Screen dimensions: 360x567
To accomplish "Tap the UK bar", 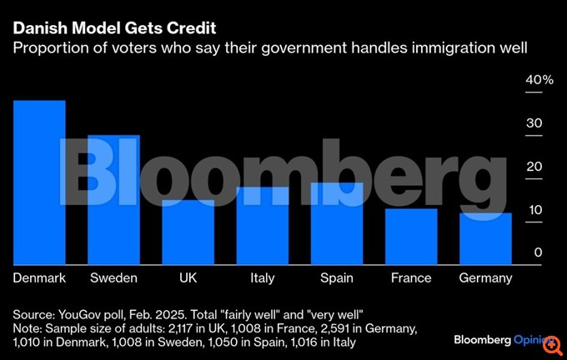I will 188,231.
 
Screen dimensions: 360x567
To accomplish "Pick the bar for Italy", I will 262,224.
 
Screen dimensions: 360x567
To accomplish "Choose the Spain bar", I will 337,222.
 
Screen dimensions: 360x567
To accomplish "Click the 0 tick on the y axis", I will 539,252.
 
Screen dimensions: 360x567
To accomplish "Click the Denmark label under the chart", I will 39,277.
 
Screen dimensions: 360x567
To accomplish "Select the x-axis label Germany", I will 485,277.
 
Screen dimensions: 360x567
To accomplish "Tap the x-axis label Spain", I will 337,277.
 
